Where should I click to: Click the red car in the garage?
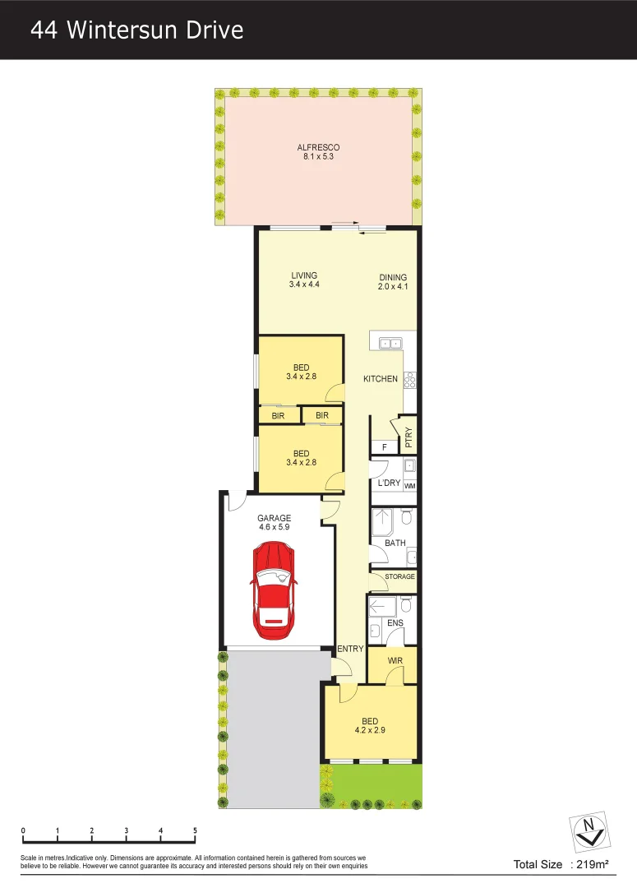[274, 591]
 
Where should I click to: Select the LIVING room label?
[303, 276]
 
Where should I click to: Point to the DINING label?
[393, 278]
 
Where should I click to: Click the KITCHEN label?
[381, 379]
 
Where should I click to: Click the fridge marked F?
[384, 446]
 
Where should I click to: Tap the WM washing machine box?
[409, 486]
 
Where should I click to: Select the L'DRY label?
[389, 483]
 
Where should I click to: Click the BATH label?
[395, 543]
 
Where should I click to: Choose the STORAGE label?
[399, 577]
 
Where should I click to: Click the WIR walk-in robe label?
[395, 661]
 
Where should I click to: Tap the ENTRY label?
[350, 649]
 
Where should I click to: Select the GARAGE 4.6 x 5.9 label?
[274, 522]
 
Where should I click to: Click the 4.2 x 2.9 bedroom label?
[370, 729]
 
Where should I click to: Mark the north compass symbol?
[588, 831]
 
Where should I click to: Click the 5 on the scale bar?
[195, 830]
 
